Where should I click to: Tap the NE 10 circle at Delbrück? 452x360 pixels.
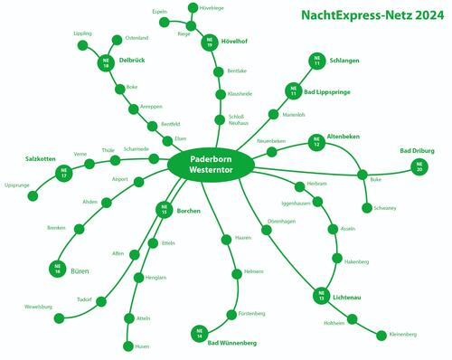click(108, 63)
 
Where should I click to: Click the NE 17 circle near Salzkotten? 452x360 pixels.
click(63, 173)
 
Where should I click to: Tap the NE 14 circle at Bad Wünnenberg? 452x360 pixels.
click(198, 333)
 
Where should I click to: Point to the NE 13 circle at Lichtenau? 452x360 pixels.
click(321, 295)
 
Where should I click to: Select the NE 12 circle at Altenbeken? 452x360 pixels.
click(316, 141)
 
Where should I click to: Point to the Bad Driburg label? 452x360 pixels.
click(416, 150)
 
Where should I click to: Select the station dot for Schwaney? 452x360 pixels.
click(367, 208)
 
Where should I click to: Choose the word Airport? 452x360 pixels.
click(120, 179)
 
